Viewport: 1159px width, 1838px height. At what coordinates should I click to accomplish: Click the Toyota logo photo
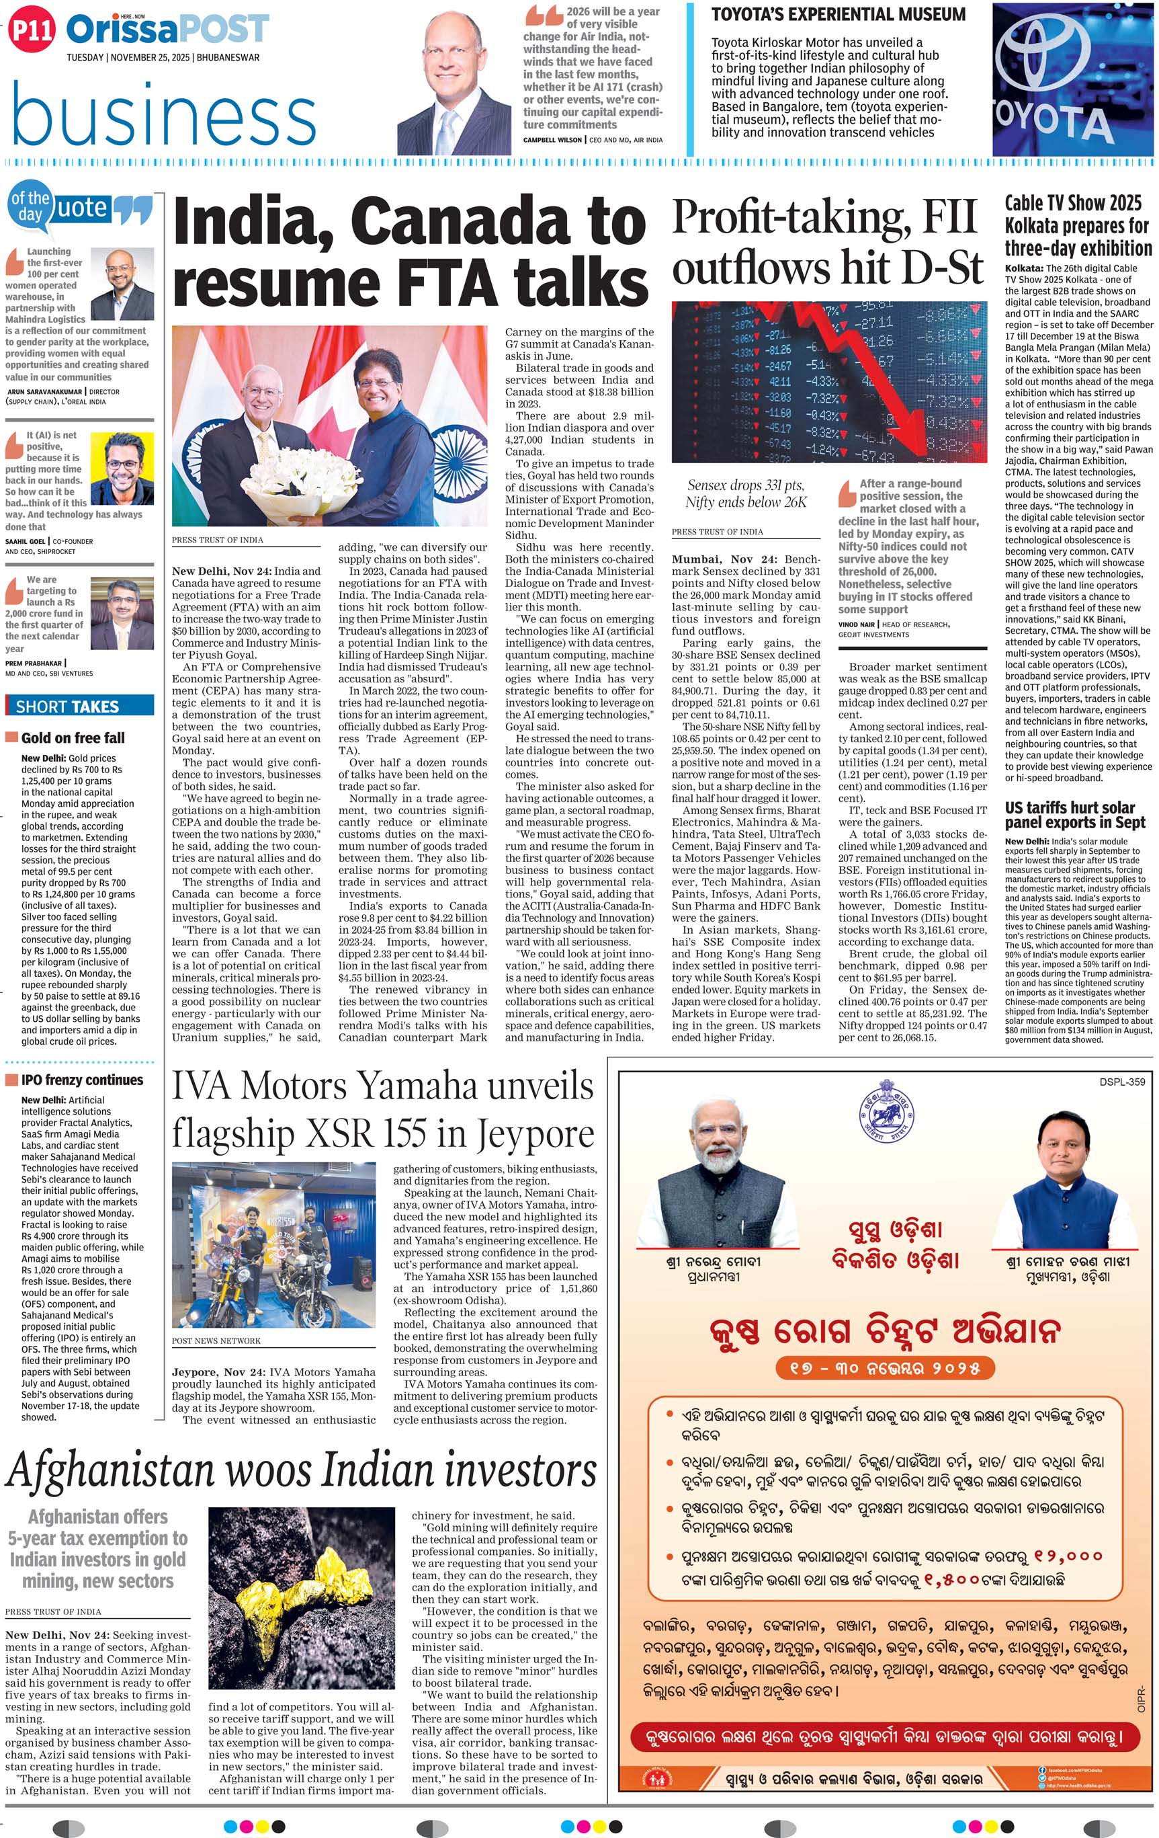click(x=1074, y=79)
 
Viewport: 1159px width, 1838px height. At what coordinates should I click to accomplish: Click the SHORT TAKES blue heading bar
click(x=79, y=706)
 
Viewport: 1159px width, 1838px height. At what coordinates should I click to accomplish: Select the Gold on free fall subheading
click(x=73, y=737)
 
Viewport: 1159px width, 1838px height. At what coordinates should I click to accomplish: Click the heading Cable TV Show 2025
click(x=1072, y=203)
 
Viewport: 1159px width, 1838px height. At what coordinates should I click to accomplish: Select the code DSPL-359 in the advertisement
click(x=1121, y=1082)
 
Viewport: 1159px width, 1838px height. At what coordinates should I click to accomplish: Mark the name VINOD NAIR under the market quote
click(x=856, y=624)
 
